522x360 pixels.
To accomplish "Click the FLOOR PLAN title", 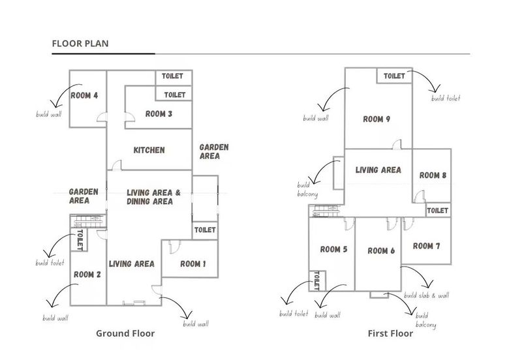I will pos(80,44).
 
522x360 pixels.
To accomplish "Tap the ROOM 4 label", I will pos(84,96).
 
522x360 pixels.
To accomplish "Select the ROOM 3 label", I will pos(159,114).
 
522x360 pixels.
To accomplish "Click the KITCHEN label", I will pos(149,150).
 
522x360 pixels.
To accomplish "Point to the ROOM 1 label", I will pos(193,264).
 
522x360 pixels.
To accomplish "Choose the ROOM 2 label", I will pos(87,275).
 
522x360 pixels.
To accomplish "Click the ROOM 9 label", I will pos(376,119).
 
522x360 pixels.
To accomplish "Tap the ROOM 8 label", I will pos(433,175).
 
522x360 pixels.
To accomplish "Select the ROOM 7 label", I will pos(427,246).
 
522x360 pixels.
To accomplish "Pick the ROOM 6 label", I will pos(381,251).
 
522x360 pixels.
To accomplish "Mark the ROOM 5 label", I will pos(333,249).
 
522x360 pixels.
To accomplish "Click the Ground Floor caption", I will pos(125,333).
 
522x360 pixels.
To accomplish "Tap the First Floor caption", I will pos(390,333).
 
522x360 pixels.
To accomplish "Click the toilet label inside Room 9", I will pos(394,76).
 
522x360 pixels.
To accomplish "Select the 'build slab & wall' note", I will pos(427,295).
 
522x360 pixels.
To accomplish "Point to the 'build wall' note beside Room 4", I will pos(48,115).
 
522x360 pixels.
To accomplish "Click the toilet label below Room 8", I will pos(437,211).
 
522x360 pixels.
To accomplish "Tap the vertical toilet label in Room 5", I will pos(317,281).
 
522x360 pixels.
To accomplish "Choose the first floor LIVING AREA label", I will pos(378,170).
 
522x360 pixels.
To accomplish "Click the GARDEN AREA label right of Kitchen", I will pos(214,152).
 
